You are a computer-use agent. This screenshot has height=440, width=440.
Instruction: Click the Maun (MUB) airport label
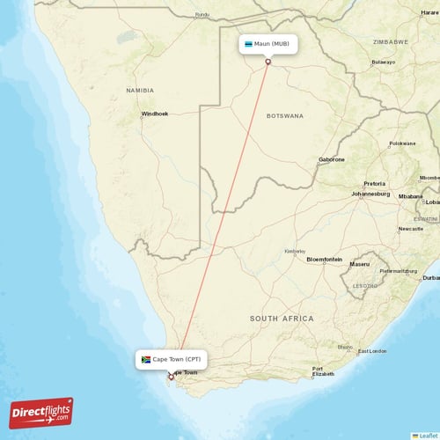(x=270, y=44)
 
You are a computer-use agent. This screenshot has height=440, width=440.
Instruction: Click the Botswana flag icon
(x=249, y=44)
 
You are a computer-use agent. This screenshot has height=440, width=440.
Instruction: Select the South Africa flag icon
(x=146, y=359)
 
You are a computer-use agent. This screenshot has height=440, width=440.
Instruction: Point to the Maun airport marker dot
(x=268, y=61)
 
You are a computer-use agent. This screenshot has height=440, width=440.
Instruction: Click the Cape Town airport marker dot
(x=171, y=377)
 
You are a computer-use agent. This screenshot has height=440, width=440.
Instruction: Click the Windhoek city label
(x=155, y=114)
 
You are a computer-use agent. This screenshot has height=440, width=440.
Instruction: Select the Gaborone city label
(x=332, y=159)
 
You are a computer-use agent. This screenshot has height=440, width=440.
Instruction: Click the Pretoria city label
(x=374, y=183)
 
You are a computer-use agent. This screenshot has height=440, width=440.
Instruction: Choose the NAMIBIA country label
(x=139, y=90)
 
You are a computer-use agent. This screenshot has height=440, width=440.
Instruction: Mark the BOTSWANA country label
(x=285, y=115)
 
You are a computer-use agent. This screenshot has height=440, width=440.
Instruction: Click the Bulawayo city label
(x=383, y=62)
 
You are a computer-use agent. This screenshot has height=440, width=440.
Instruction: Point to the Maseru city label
(x=359, y=264)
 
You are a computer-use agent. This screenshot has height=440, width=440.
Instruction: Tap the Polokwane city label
(x=402, y=143)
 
